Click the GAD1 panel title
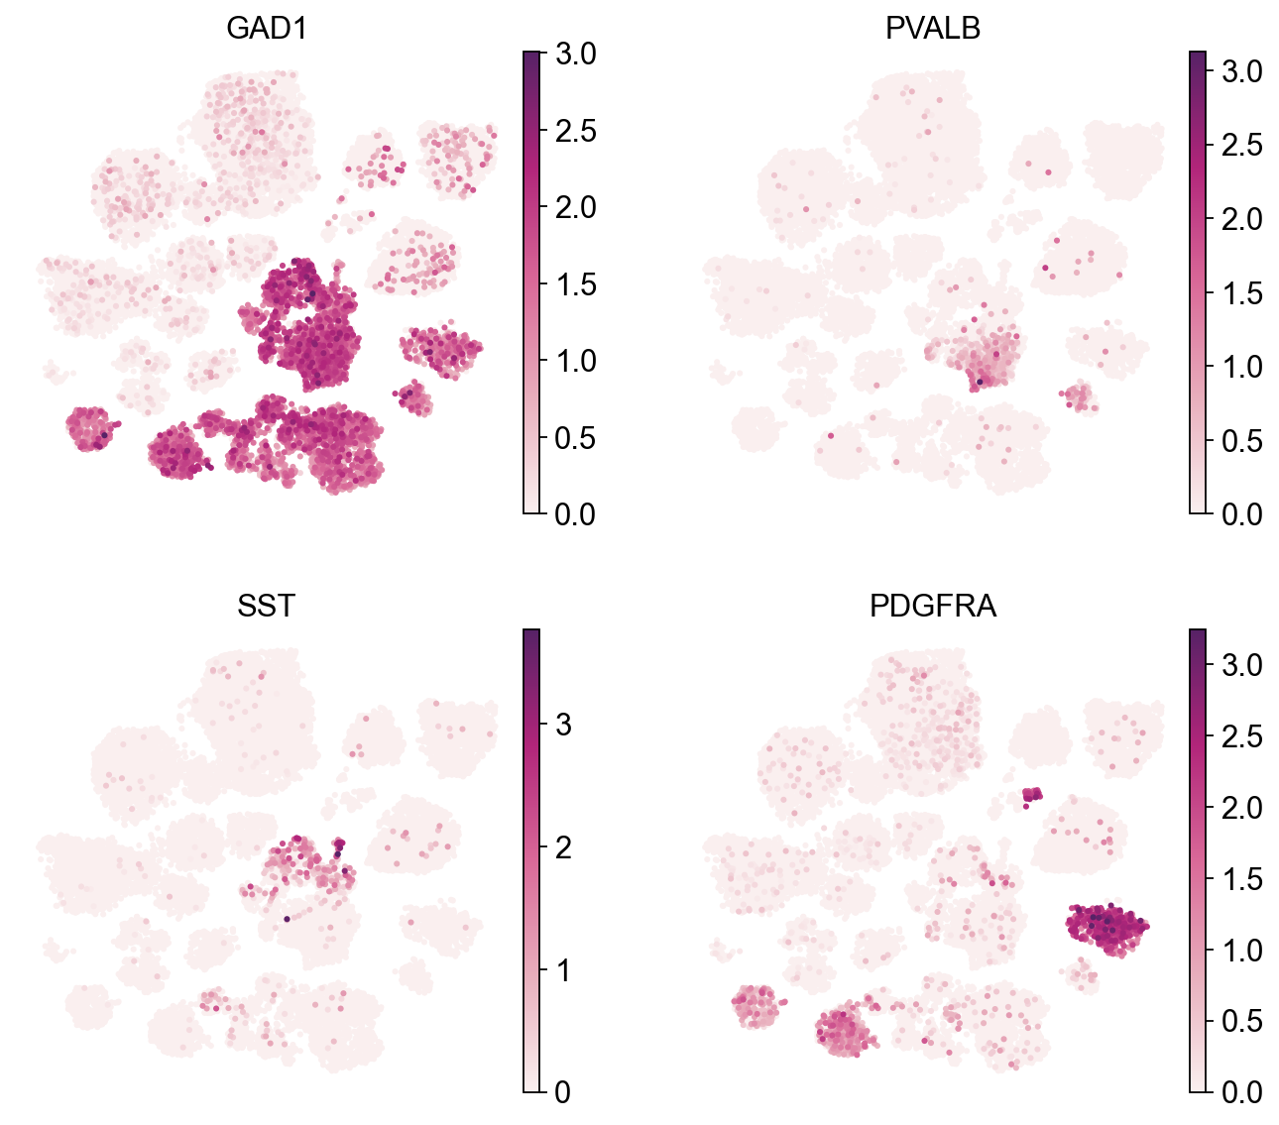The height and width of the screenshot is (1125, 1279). (x=266, y=29)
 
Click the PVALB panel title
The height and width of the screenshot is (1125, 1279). (x=932, y=29)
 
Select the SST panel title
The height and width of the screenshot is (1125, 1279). (x=266, y=606)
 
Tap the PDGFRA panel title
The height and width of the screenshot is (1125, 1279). (x=932, y=606)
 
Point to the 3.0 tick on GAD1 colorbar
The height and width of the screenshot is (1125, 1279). (x=575, y=54)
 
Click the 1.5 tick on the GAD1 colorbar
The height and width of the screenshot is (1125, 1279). (x=575, y=284)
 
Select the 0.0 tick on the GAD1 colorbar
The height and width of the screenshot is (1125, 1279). (x=575, y=513)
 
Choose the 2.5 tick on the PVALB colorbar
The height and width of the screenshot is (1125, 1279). (x=1241, y=145)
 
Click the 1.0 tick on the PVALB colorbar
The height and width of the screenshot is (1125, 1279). (x=1241, y=366)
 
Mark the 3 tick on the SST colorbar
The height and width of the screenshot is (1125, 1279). (x=563, y=724)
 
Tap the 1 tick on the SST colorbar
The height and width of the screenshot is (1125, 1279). (x=563, y=969)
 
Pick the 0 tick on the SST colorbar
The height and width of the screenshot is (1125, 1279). (x=563, y=1091)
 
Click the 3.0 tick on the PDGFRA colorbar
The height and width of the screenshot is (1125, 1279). (x=1241, y=665)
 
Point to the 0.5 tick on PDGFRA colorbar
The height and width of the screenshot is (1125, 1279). (x=1241, y=1021)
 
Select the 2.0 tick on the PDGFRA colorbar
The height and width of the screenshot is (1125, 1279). (x=1241, y=808)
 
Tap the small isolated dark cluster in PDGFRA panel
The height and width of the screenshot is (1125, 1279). (x=1032, y=795)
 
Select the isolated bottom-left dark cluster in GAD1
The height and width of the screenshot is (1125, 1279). (x=90, y=428)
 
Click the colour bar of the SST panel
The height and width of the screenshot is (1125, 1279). (x=531, y=859)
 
